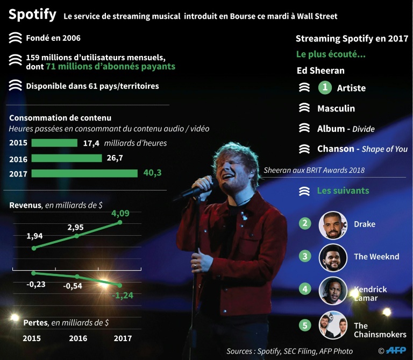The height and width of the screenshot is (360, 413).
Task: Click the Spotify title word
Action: pyautogui.click(x=32, y=15)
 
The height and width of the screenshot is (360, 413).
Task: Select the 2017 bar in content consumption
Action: pyautogui.click(x=84, y=173)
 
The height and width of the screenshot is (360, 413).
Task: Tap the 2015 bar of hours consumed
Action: pyautogui.click(x=54, y=143)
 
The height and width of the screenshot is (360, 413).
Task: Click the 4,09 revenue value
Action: pyautogui.click(x=120, y=213)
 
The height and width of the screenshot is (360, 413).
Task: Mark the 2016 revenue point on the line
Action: pyautogui.click(x=77, y=236)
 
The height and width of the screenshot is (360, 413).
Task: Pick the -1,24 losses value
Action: pyautogui.click(x=122, y=295)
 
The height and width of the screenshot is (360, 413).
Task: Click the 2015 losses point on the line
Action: pyautogui.click(x=34, y=272)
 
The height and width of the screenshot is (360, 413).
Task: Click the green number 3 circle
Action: pyautogui.click(x=305, y=256)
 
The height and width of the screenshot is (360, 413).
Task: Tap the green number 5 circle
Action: pyautogui.click(x=305, y=325)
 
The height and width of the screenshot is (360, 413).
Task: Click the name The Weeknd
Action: pyautogui.click(x=376, y=257)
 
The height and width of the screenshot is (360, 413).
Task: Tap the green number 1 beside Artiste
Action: pyautogui.click(x=325, y=88)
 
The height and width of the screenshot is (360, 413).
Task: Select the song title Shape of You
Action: pyautogui.click(x=384, y=149)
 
